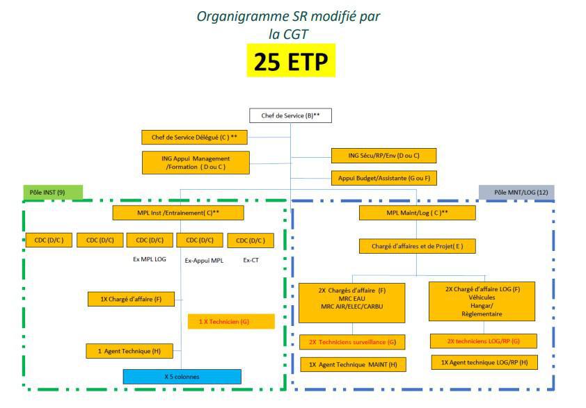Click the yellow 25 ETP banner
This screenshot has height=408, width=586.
pos(291,60)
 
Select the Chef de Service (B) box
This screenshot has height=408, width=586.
pos(290,115)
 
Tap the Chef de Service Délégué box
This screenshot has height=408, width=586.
pos(194,138)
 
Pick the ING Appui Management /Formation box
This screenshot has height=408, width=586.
pos(196,163)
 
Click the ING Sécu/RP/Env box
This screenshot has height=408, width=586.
pos(383,156)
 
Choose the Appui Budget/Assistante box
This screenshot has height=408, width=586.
pos(383,178)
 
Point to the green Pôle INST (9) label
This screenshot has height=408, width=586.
pos(53,193)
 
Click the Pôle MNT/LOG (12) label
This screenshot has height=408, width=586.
pos(516,193)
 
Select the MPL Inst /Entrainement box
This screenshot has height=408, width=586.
pos(178,213)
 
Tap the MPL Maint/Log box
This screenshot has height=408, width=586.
pos(417,213)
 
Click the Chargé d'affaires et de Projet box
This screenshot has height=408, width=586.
pos(417,246)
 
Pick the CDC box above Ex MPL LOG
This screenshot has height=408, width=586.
pos(150,240)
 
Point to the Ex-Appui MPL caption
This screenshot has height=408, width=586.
pos(204,261)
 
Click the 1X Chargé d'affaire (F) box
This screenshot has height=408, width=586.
pos(131,299)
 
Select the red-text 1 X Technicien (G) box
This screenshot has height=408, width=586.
pos(231,321)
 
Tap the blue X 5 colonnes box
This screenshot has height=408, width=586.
pos(182,377)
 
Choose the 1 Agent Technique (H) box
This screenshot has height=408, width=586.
pos(129,351)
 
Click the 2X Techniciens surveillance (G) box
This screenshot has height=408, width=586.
pos(352,342)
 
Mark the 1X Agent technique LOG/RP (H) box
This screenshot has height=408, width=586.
pos(484,362)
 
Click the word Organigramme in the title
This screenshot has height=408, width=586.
pos(243,17)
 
